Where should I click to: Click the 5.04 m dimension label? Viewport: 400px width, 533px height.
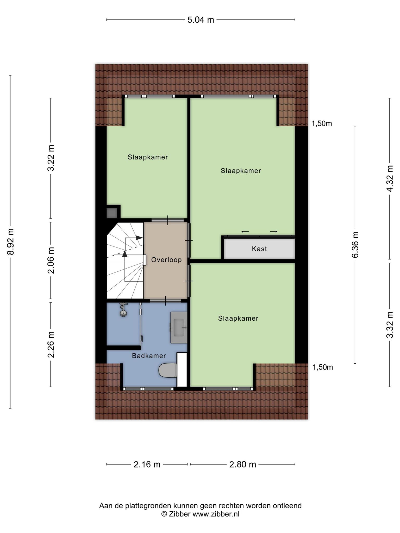(x=201, y=20)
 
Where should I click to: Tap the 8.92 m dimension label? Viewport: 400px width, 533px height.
(x=11, y=242)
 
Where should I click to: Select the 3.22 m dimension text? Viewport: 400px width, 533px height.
(x=51, y=158)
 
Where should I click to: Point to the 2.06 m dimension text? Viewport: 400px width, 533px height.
(x=51, y=260)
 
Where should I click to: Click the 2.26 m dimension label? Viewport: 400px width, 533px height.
(x=51, y=345)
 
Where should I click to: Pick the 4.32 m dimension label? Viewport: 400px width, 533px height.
(x=390, y=179)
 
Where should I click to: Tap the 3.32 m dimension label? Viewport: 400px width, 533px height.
(x=390, y=325)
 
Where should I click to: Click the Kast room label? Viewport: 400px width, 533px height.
(x=259, y=249)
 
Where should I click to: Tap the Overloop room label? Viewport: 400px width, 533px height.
(x=166, y=260)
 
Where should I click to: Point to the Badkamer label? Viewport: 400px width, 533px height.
(x=149, y=356)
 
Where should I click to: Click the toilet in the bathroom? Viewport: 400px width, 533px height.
(x=168, y=370)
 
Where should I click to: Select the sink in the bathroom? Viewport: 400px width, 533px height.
(x=179, y=328)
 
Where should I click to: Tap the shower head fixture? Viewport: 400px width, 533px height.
(x=123, y=310)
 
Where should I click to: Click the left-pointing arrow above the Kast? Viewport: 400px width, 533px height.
(x=245, y=232)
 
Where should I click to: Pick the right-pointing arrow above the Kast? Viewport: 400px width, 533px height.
(x=274, y=232)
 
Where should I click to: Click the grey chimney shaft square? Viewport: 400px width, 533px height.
(x=112, y=213)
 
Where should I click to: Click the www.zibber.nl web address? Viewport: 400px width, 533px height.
(x=216, y=514)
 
